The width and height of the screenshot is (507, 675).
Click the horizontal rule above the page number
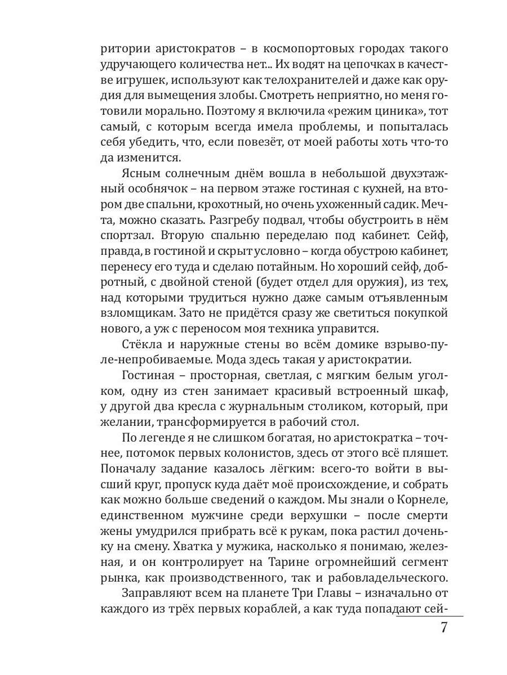click(x=429, y=616)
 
